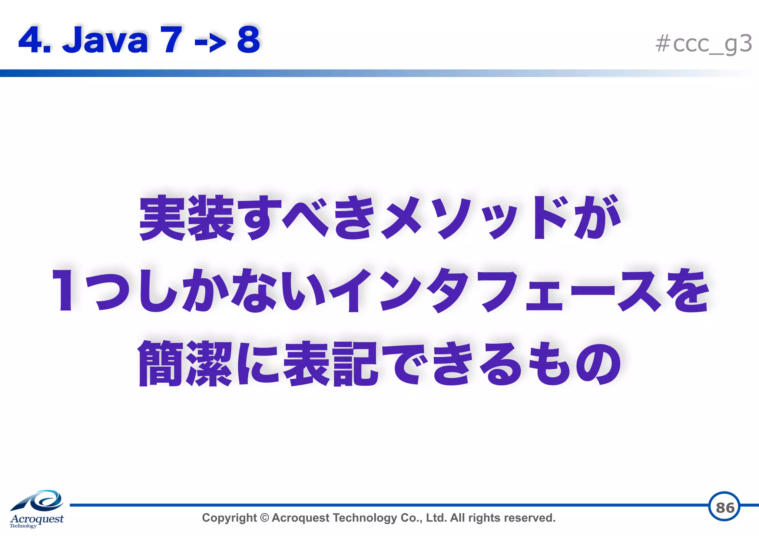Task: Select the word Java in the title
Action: click(x=106, y=40)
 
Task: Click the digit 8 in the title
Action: click(x=248, y=40)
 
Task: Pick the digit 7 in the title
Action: click(x=171, y=40)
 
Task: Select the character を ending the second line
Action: click(x=687, y=291)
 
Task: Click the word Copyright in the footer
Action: click(x=229, y=518)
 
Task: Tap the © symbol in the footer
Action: click(x=264, y=518)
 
